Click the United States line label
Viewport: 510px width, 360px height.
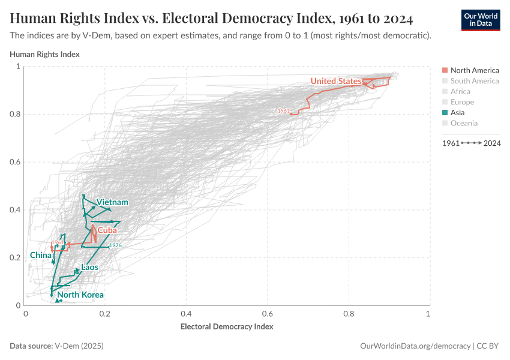[336, 81]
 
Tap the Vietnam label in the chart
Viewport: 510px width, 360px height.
[112, 202]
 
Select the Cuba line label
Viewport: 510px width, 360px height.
[107, 230]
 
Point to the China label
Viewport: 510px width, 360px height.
[41, 255]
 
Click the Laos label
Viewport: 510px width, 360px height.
[89, 267]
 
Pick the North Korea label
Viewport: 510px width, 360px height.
[80, 295]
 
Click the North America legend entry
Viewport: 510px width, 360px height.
[474, 70]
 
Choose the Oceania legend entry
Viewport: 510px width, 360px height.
[464, 123]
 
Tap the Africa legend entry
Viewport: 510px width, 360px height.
[460, 91]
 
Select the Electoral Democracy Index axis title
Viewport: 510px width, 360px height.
[227, 327]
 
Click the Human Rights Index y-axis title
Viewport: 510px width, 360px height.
[45, 54]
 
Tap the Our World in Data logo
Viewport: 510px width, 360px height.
[480, 20]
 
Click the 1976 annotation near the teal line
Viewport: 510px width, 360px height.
[115, 245]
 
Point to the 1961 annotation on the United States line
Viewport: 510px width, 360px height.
[283, 111]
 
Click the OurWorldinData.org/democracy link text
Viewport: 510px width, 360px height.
[415, 346]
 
